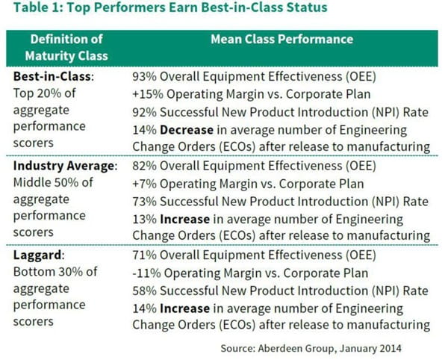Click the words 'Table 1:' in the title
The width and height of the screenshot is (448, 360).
click(38, 10)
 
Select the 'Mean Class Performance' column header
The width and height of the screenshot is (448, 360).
click(281, 38)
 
